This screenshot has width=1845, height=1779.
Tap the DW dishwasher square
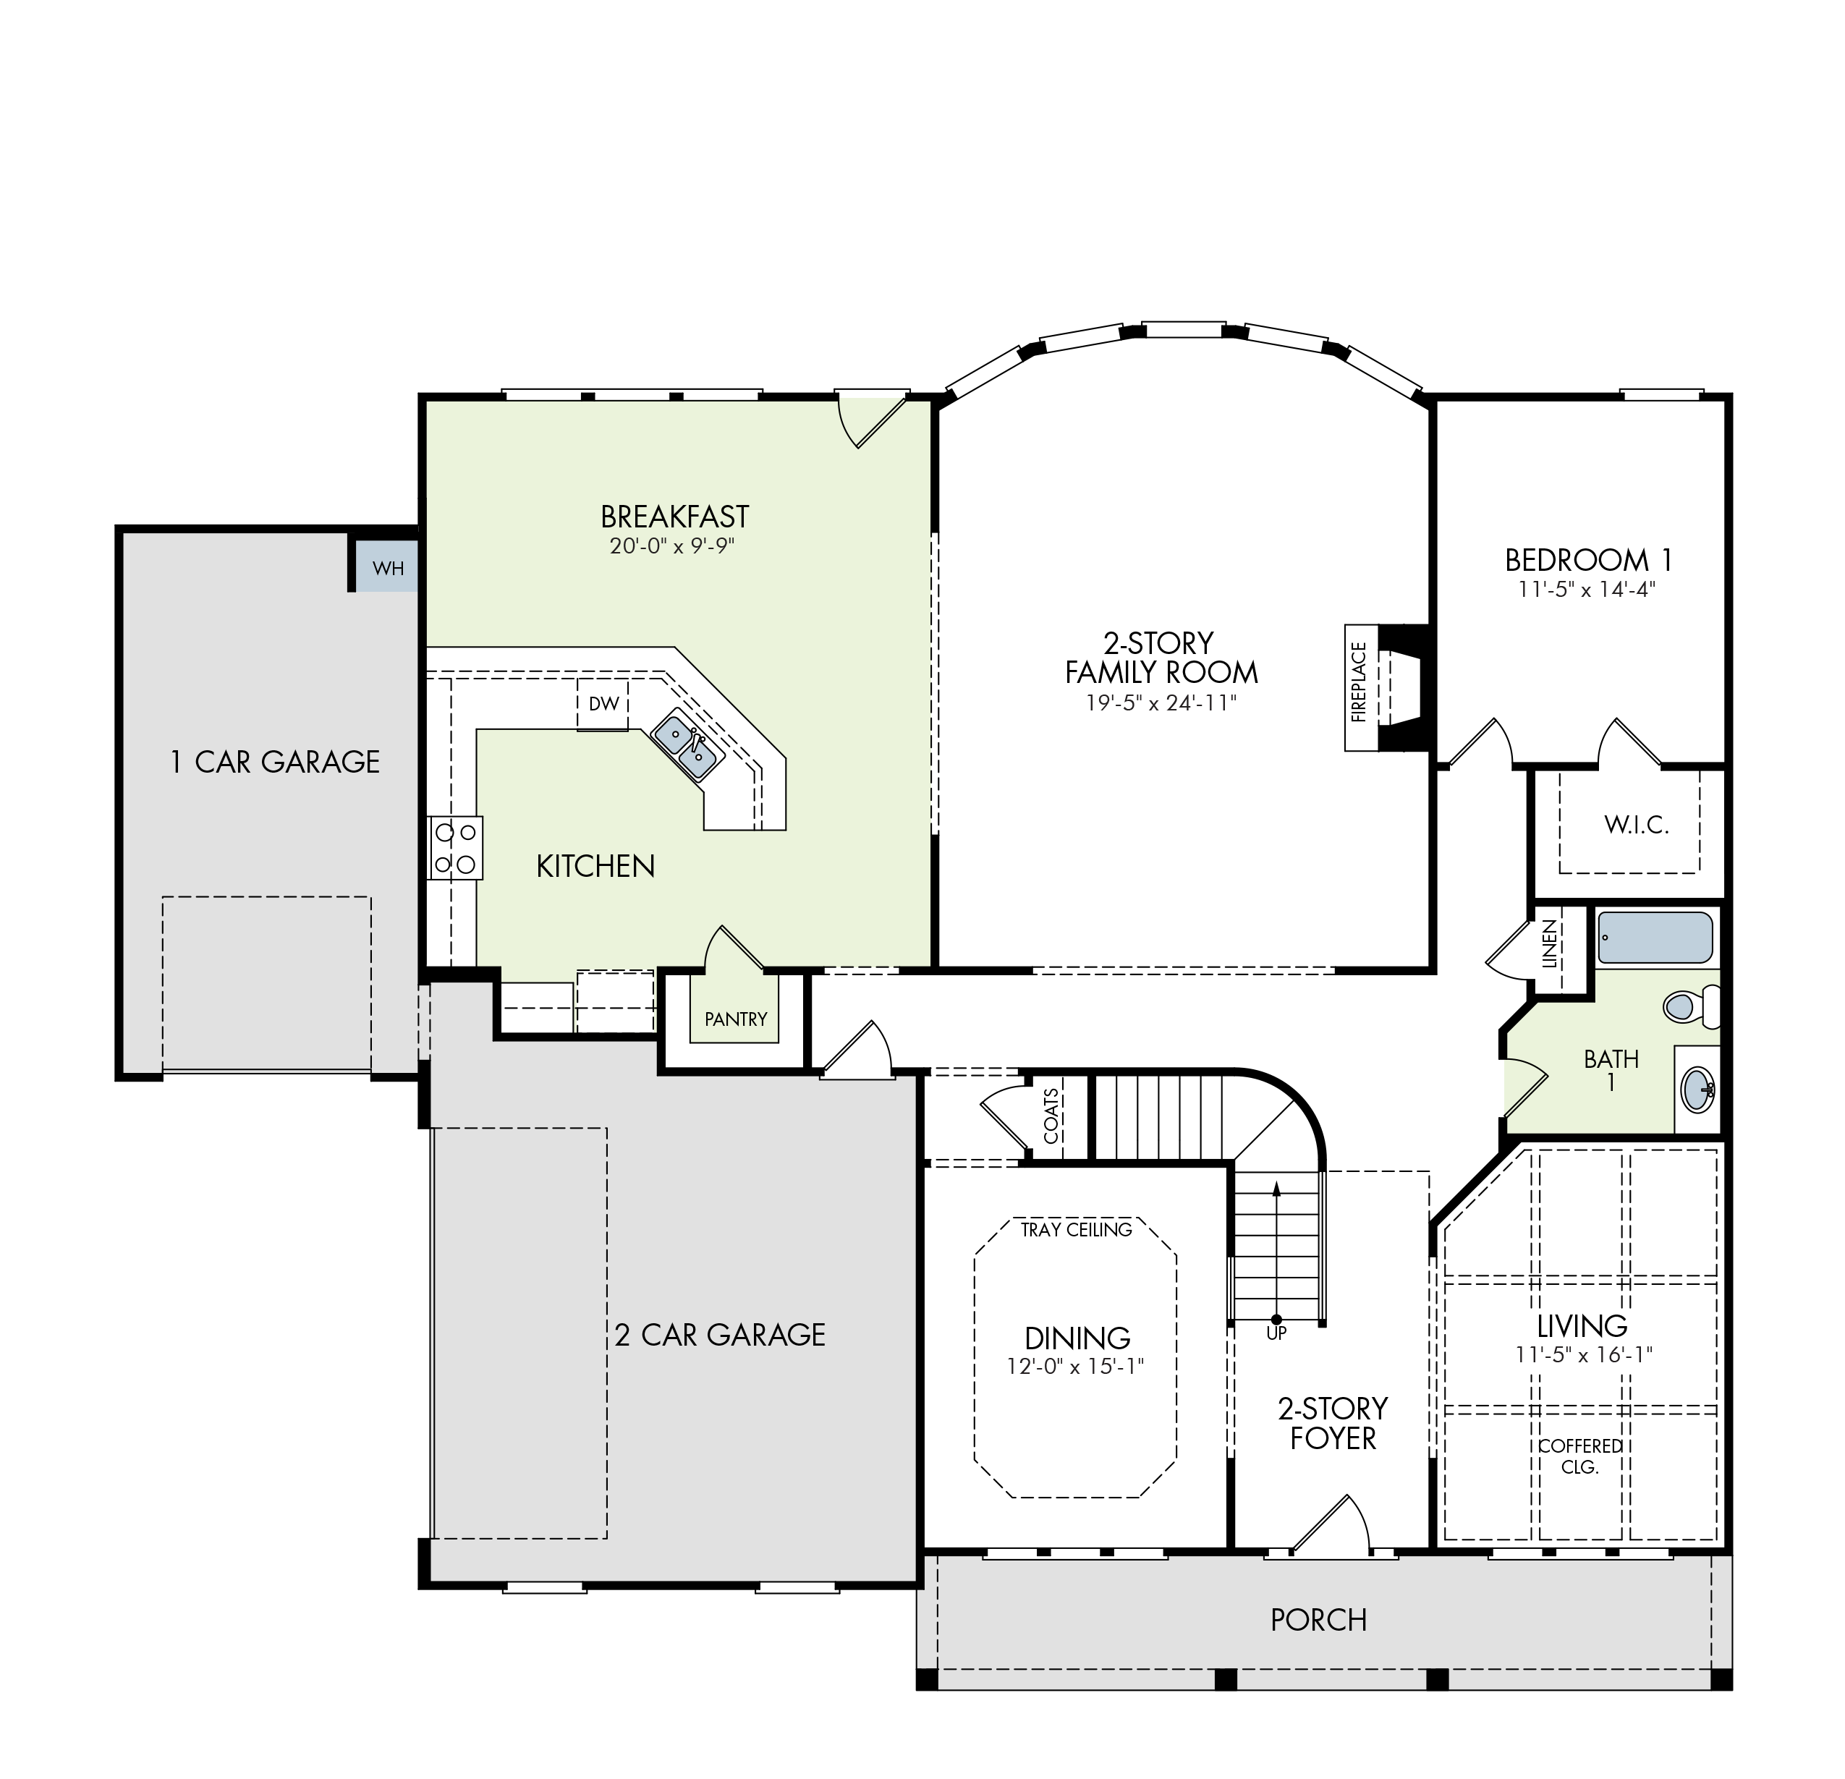click(x=603, y=703)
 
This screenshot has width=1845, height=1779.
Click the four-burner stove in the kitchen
click(x=456, y=847)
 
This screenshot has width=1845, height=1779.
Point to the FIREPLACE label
click(x=1357, y=682)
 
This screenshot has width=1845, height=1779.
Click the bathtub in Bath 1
click(x=1655, y=938)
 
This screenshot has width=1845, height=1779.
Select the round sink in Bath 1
click(x=1697, y=1089)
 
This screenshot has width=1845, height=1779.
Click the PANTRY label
click(x=735, y=1019)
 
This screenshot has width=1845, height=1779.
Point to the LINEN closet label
click(x=1549, y=944)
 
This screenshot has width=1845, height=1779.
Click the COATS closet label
click(x=1051, y=1116)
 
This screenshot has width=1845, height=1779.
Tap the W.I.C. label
click(x=1637, y=825)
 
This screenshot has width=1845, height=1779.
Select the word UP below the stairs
click(x=1276, y=1334)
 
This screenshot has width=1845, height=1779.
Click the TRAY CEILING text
click(x=1076, y=1229)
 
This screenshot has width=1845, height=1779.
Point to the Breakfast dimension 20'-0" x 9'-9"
click(x=671, y=546)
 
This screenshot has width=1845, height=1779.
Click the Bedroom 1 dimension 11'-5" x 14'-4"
click(x=1587, y=589)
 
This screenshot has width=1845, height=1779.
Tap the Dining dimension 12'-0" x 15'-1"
click(x=1075, y=1366)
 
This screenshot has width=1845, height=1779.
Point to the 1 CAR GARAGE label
click(x=274, y=762)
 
